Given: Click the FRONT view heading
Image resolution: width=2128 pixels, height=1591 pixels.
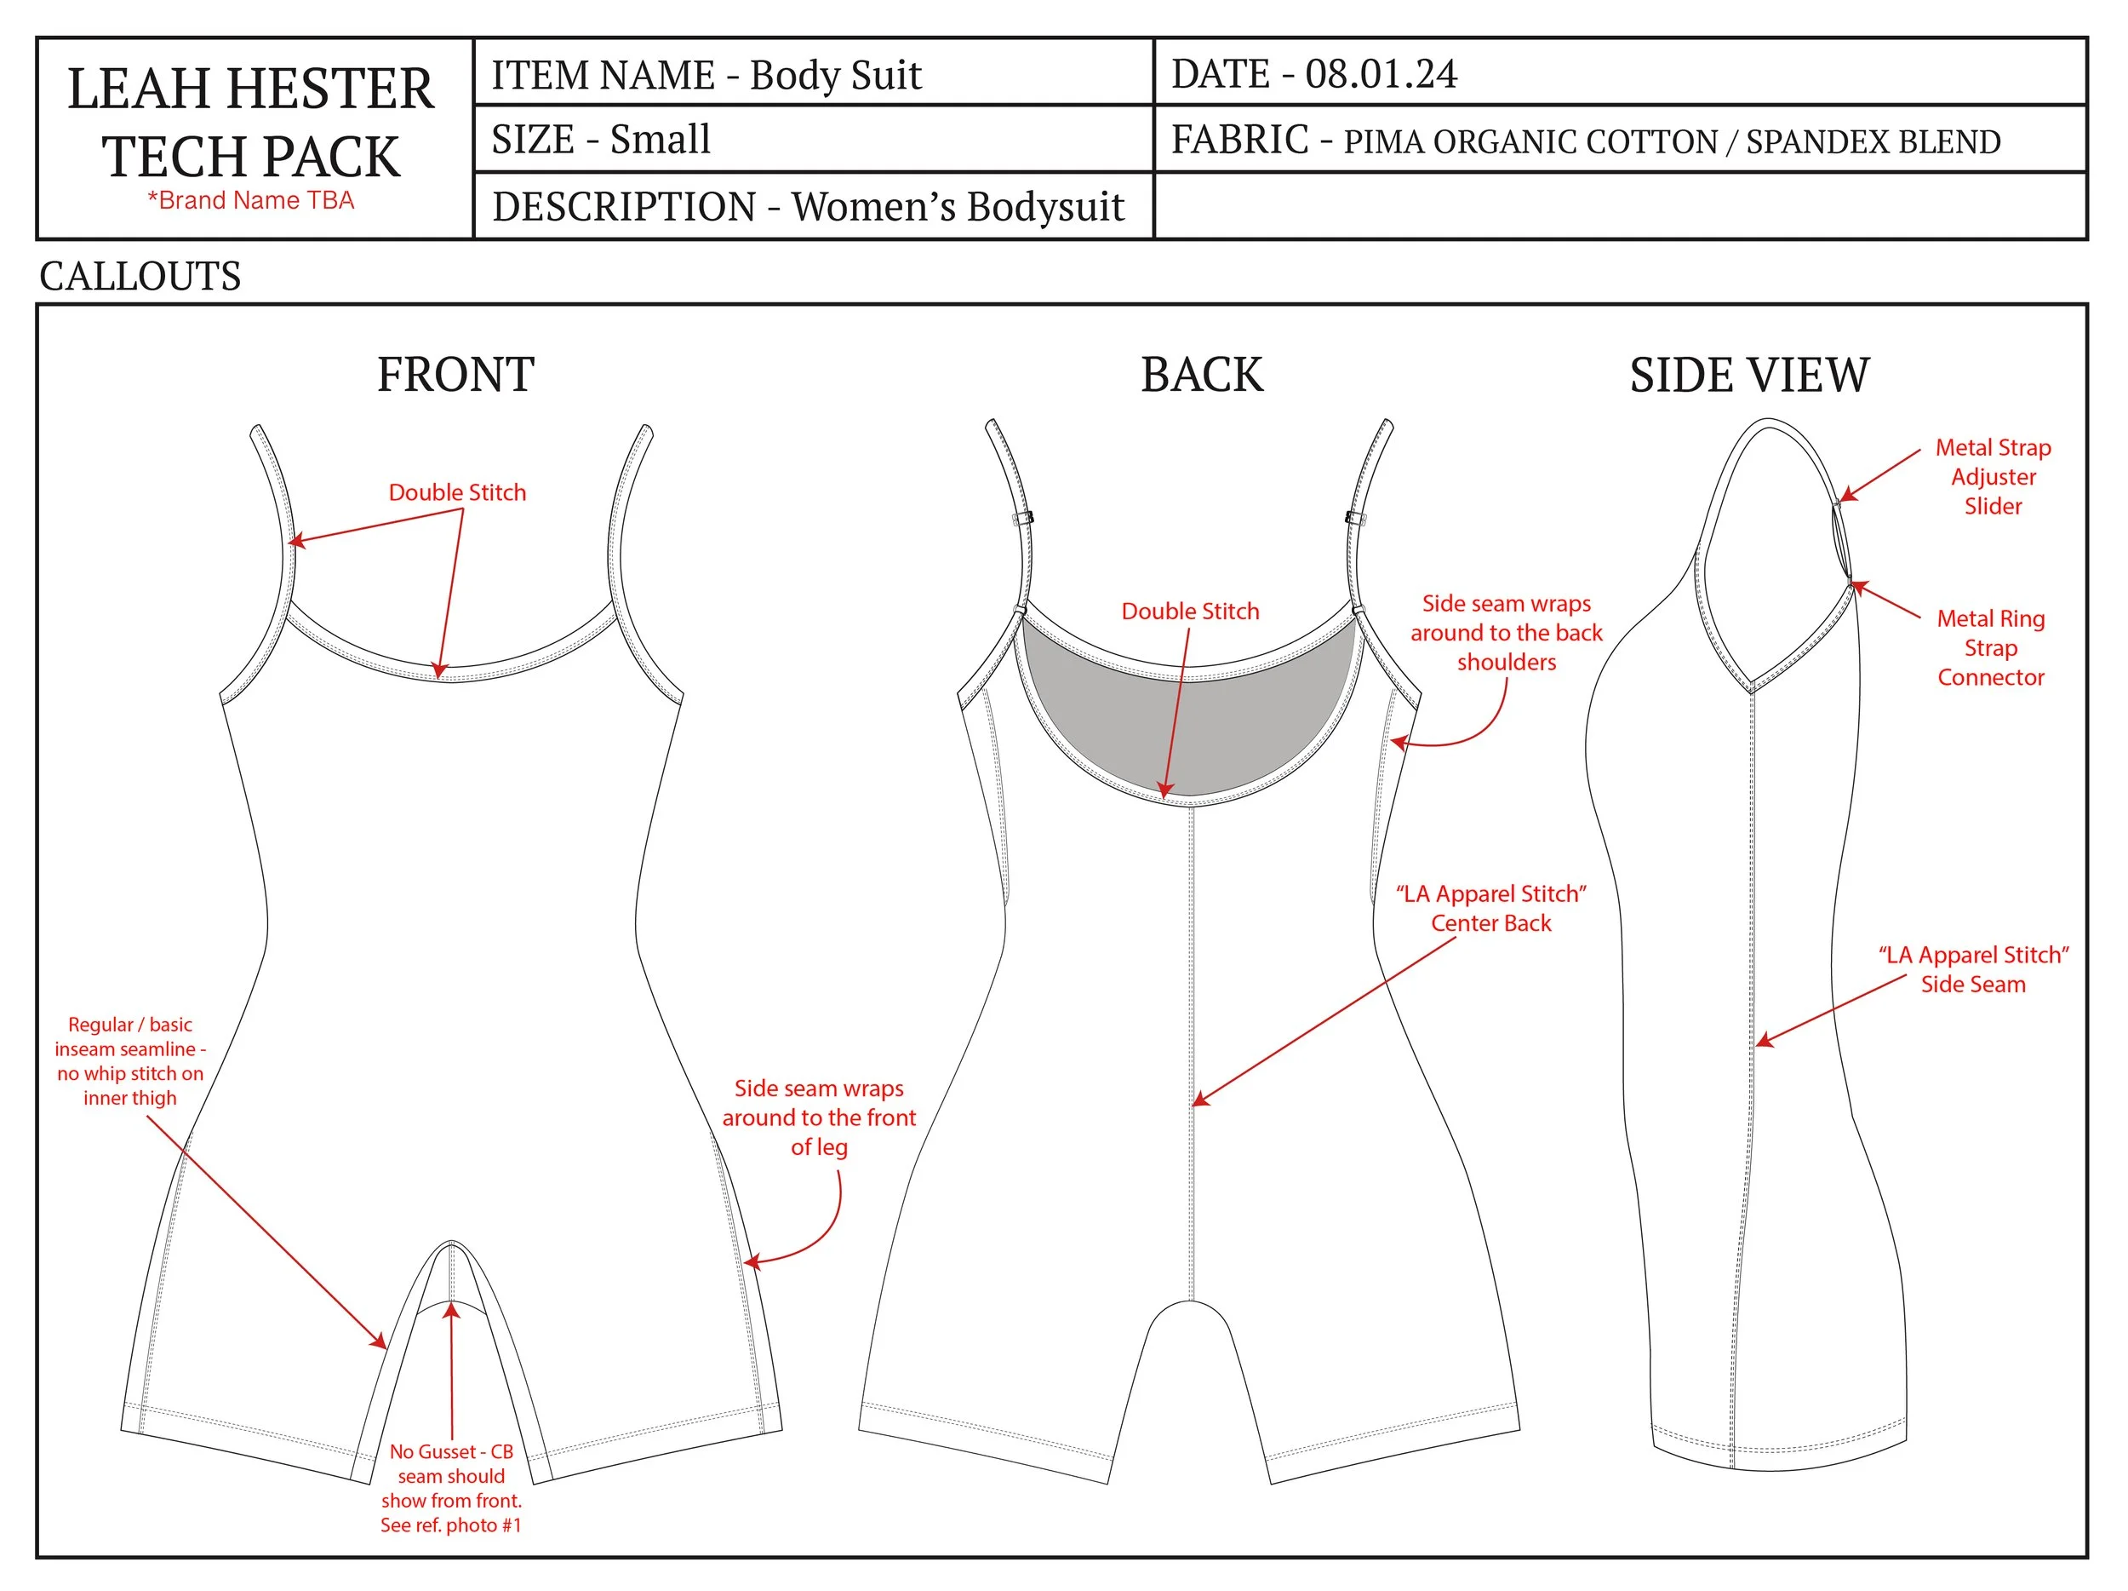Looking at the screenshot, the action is [x=455, y=375].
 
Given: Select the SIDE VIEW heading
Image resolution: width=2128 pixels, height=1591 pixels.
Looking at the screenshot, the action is [x=1748, y=375].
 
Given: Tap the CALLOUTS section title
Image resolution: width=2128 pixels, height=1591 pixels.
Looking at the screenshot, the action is [x=140, y=276].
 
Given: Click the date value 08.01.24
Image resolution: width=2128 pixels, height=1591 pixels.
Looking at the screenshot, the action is [x=1381, y=74].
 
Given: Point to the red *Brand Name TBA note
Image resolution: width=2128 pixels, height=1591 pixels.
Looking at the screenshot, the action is [x=250, y=200].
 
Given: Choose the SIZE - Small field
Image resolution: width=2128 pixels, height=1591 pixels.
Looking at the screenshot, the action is [x=601, y=140].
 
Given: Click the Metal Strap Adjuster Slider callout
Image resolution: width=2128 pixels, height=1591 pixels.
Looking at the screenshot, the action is [x=1993, y=476].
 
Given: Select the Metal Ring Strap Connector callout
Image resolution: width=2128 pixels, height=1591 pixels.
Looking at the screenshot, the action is [x=1990, y=648].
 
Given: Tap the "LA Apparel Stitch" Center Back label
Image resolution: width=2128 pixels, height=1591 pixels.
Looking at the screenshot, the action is [x=1490, y=908].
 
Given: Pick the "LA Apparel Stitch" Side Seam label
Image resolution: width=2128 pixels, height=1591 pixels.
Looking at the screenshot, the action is [x=1973, y=969].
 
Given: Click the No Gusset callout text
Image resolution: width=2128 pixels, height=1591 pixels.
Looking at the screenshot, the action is [x=450, y=1487].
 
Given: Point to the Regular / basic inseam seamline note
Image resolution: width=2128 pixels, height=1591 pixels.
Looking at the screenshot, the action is [x=130, y=1060].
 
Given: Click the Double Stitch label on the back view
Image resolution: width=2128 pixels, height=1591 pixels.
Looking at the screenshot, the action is [x=1190, y=612].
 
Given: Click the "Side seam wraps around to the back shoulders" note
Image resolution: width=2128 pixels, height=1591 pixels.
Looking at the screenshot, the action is [x=1506, y=632].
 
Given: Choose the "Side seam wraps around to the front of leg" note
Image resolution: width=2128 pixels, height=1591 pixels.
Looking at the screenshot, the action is [x=819, y=1117].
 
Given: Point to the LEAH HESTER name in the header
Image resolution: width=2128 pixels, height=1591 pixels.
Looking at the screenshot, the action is [x=250, y=89].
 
